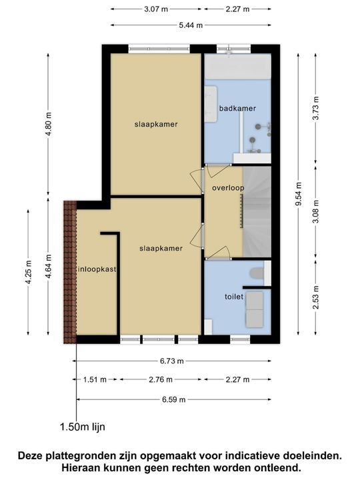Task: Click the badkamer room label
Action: coord(237,107)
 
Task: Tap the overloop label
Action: coord(228,188)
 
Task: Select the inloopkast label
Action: coord(97,269)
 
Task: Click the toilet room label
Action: coord(233,296)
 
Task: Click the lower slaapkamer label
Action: coord(161,248)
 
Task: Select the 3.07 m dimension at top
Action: coord(155,9)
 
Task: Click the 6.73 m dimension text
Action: coord(173,361)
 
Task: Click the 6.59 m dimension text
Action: coord(173,399)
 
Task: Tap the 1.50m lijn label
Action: coord(82,427)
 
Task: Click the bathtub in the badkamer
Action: coord(237,67)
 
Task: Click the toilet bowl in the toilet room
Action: coord(254,274)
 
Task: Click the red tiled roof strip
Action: coord(69,270)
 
